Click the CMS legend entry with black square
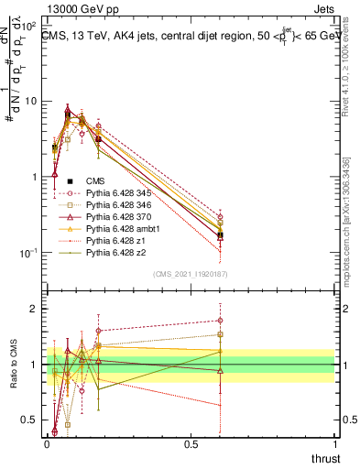(x=93, y=181)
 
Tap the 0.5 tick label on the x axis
(x=191, y=443)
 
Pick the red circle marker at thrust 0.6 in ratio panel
(x=220, y=321)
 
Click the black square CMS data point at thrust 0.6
(x=220, y=235)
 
